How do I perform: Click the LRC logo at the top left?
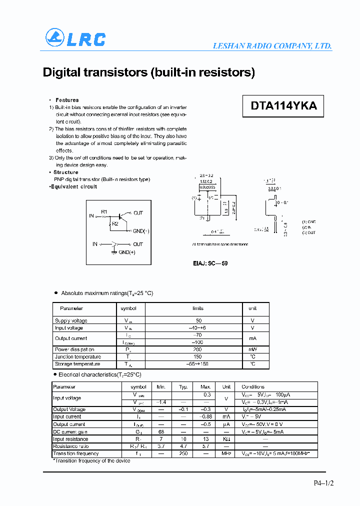75,38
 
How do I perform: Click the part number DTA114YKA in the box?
283,106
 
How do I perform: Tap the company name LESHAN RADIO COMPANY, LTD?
272,45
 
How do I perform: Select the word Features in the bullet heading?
67,100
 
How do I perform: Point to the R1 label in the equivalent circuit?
104,212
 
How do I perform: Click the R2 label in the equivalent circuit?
115,223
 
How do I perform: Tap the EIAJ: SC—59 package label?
210,263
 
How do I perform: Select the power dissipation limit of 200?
197,349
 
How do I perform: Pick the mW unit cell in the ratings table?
252,349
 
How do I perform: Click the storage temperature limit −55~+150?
197,364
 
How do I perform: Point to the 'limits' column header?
197,308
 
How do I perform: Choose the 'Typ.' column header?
183,386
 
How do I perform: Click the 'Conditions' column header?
253,386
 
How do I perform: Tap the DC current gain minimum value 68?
161,431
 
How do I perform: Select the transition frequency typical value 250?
183,453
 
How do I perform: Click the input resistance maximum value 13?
205,439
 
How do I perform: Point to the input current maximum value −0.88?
205,416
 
